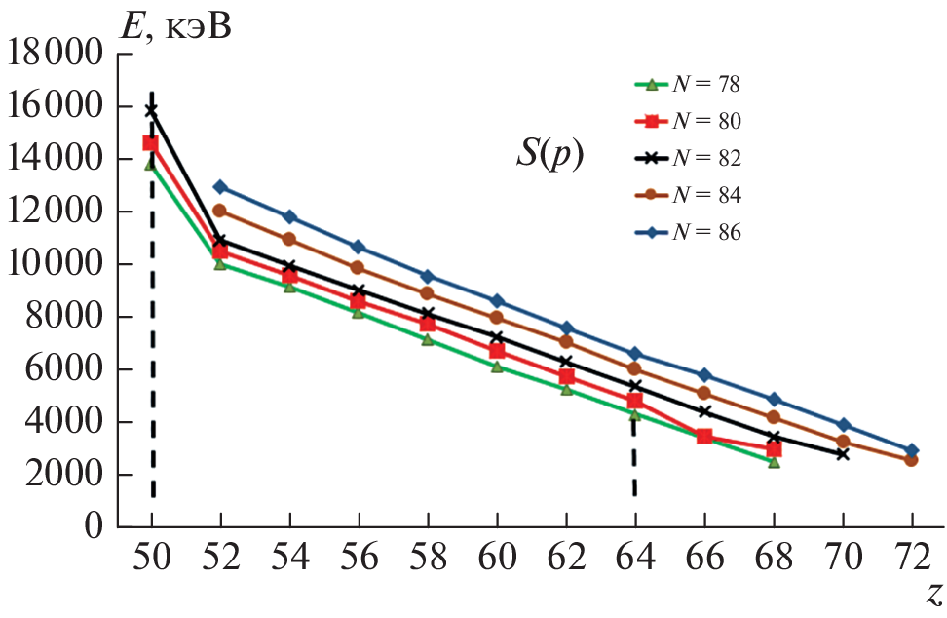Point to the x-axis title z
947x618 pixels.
pyautogui.click(x=933, y=593)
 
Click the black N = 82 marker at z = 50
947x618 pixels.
pyautogui.click(x=152, y=110)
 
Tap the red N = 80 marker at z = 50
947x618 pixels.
pyautogui.click(x=151, y=142)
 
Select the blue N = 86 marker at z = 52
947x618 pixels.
pyautogui.click(x=220, y=187)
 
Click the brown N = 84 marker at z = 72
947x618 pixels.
pyautogui.click(x=911, y=459)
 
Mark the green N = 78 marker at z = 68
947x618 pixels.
pyautogui.click(x=774, y=462)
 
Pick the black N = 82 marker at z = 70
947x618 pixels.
pyautogui.click(x=843, y=454)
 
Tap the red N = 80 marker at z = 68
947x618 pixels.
pyautogui.click(x=774, y=448)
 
